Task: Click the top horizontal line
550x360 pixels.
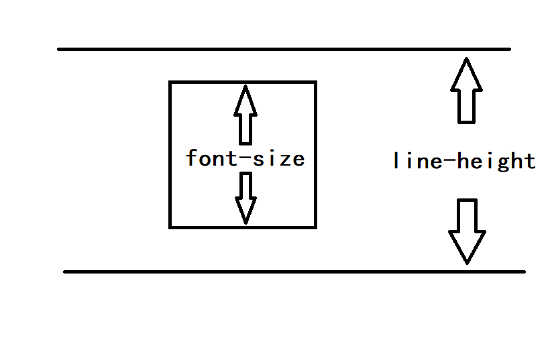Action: [x=284, y=49]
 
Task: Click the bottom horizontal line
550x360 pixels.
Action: [x=294, y=272]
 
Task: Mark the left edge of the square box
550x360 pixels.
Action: [x=170, y=154]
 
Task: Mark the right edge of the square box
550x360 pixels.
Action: [x=315, y=154]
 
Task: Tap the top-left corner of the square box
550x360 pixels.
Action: [x=170, y=82]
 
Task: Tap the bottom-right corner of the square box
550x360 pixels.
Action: [x=315, y=227]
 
